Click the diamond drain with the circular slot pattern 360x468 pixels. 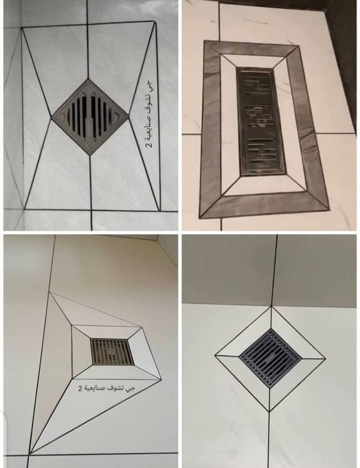point(90,117)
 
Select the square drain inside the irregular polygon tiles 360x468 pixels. point(112,352)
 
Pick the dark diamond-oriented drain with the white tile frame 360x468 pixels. point(270,358)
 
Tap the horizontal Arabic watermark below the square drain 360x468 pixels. point(106,388)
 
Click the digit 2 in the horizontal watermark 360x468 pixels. point(80,389)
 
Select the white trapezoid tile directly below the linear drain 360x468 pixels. point(264,185)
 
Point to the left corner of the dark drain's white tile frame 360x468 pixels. point(215,355)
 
